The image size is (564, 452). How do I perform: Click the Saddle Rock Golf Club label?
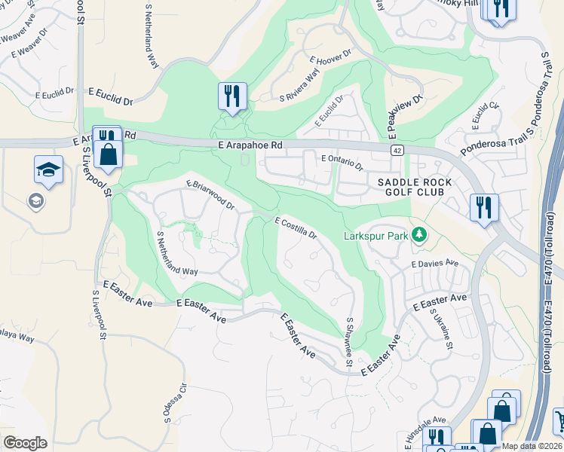[415, 187]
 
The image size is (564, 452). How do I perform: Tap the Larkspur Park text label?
[375, 236]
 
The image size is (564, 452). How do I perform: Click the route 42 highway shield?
[397, 151]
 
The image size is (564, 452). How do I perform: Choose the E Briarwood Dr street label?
[210, 194]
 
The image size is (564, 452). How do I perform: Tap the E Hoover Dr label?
[330, 58]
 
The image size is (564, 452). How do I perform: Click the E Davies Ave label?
[435, 264]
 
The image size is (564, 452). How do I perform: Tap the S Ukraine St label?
[443, 331]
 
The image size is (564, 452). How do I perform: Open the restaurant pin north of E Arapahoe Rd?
[232, 96]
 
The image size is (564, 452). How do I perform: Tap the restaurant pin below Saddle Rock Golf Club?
[483, 207]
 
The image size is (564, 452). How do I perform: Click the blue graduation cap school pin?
[48, 170]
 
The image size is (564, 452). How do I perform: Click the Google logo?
[25, 443]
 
